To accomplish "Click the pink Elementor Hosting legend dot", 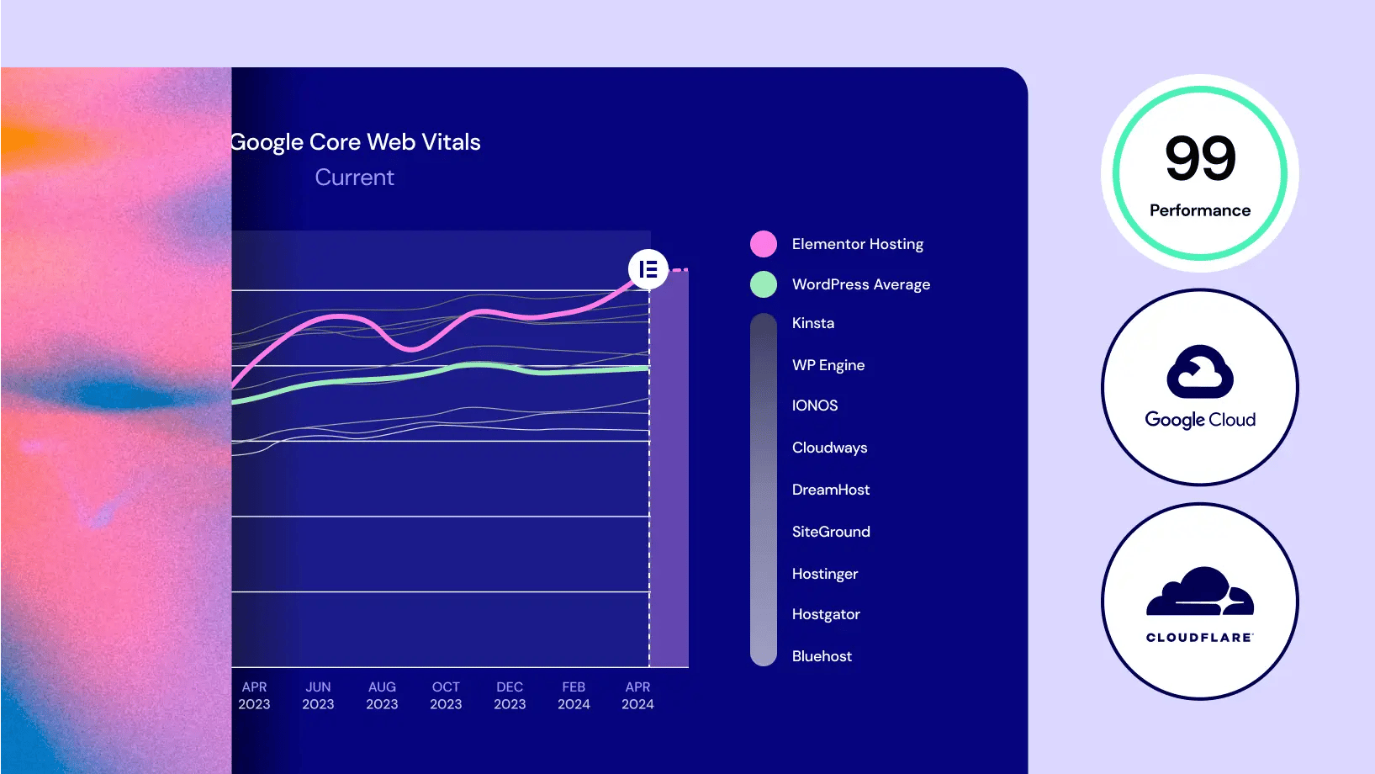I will click(764, 244).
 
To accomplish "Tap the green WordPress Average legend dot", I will click(764, 284).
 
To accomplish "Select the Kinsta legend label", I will click(813, 323).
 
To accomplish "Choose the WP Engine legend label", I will click(828, 365).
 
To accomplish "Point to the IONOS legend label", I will click(815, 406).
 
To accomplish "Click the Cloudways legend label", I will click(829, 448).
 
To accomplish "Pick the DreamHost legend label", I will click(831, 490).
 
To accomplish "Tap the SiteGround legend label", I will click(831, 532).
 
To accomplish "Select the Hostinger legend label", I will click(825, 574).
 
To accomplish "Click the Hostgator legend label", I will click(826, 614).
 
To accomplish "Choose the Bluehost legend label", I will click(822, 656).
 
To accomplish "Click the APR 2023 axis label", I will click(254, 696).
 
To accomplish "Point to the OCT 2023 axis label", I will click(446, 696).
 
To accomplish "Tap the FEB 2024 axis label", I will click(574, 696).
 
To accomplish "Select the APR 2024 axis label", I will click(637, 696).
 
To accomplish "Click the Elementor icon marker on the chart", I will click(648, 269).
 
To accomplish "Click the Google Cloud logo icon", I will click(1200, 372).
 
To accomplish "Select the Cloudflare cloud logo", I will click(1200, 592).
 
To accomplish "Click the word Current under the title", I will click(354, 178).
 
